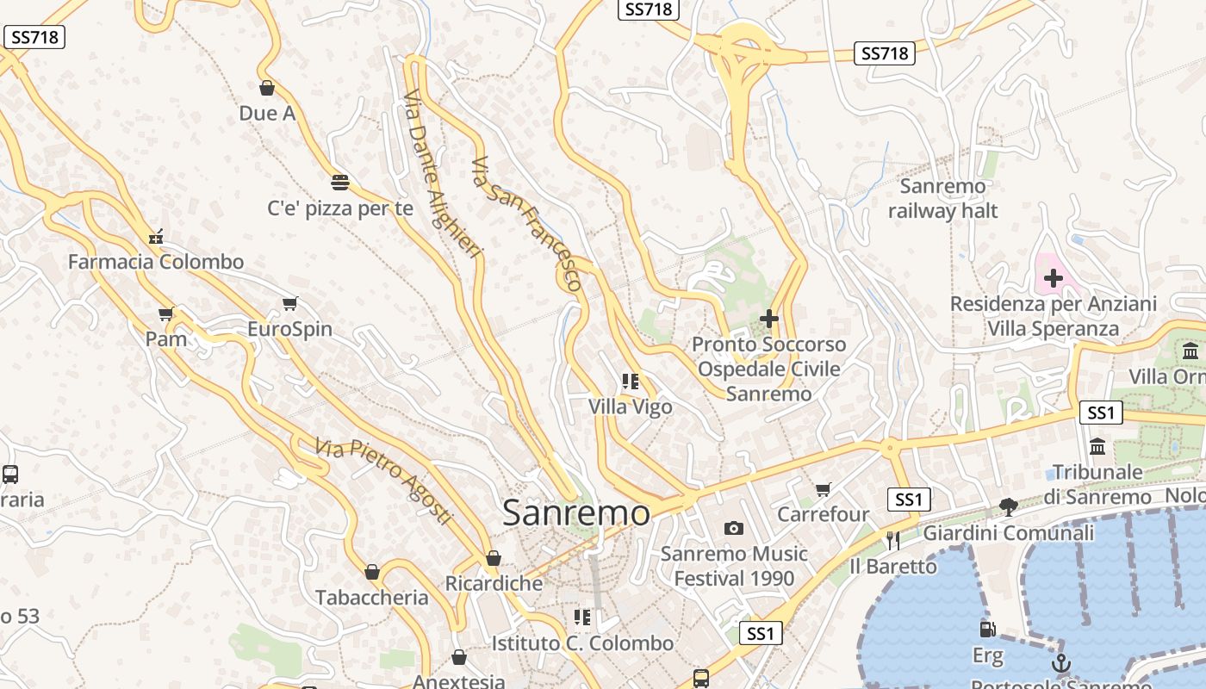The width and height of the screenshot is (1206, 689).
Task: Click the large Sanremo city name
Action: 575,513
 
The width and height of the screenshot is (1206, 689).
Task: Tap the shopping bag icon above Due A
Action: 267,88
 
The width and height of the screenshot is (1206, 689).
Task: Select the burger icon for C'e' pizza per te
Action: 340,183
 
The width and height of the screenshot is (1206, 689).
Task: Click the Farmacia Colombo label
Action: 156,262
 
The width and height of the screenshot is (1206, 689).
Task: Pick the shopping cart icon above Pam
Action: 166,314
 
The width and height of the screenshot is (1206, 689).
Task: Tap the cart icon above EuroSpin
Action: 290,304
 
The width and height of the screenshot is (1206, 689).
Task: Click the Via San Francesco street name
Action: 527,223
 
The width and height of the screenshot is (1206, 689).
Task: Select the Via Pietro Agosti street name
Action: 383,481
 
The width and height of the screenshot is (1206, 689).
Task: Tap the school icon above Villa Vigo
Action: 631,381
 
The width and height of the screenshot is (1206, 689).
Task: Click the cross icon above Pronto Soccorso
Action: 769,320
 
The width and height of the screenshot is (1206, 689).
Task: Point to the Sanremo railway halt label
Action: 942,198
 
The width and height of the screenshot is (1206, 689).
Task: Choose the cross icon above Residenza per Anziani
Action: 1053,278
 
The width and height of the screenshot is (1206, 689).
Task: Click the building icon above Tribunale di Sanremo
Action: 1097,447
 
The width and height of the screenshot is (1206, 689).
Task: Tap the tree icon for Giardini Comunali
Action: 1008,506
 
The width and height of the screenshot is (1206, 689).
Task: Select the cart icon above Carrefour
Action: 824,489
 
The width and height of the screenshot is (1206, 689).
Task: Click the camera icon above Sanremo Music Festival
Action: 734,528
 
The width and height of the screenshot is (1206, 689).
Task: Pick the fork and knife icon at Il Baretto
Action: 892,540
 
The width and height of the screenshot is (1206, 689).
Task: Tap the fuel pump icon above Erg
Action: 987,630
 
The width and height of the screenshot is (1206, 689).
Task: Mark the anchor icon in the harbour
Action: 1061,663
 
